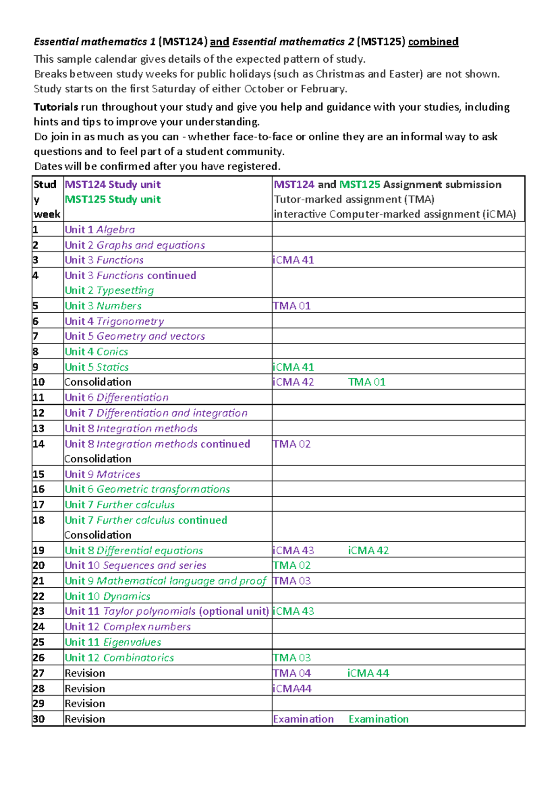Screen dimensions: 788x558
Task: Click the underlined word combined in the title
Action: pyautogui.click(x=433, y=42)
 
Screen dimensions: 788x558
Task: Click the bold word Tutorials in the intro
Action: pyautogui.click(x=56, y=107)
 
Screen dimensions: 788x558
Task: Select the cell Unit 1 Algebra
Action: pyautogui.click(x=100, y=230)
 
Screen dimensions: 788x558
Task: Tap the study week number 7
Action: pyautogui.click(x=36, y=336)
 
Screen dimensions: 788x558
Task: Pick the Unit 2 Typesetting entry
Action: pyautogui.click(x=109, y=290)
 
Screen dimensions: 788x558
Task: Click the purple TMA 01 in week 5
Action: pyautogui.click(x=292, y=306)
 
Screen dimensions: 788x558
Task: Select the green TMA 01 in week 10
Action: pyautogui.click(x=366, y=382)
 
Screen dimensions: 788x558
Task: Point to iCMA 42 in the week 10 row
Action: pyautogui.click(x=293, y=382)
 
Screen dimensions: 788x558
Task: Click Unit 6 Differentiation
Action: pyautogui.click(x=117, y=397)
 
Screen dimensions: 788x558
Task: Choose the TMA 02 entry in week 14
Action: pyautogui.click(x=292, y=444)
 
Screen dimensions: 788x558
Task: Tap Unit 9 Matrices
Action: pyautogui.click(x=102, y=474)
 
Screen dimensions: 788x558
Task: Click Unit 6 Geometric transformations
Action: pyautogui.click(x=147, y=489)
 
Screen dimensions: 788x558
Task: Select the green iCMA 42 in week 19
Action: pyautogui.click(x=368, y=551)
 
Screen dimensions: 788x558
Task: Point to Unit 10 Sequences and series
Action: pyautogui.click(x=135, y=565)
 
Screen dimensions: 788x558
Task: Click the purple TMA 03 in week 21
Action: pyautogui.click(x=292, y=581)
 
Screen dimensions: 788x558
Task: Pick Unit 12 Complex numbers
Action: pyautogui.click(x=128, y=627)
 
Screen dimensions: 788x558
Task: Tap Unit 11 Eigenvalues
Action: pyautogui.click(x=113, y=642)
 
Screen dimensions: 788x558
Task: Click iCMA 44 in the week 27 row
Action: pyautogui.click(x=368, y=673)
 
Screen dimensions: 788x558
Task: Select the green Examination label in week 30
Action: pyautogui.click(x=379, y=719)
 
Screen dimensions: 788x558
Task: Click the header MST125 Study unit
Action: pyautogui.click(x=113, y=199)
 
